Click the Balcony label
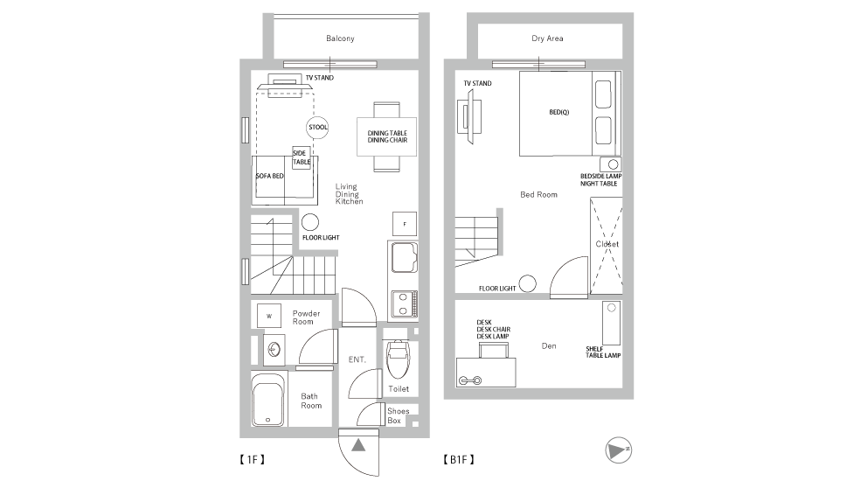[x=340, y=38]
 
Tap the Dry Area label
[x=547, y=38]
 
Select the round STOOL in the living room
[x=317, y=128]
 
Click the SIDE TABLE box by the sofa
[x=302, y=157]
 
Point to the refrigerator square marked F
[x=405, y=224]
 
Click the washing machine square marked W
[x=269, y=316]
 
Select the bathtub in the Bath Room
[x=268, y=400]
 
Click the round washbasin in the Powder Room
[x=274, y=350]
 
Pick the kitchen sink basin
[x=404, y=258]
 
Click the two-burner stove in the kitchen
[x=404, y=304]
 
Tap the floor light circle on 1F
[x=310, y=222]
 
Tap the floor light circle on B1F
[x=528, y=284]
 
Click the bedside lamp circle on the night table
[x=613, y=164]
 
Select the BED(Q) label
[x=559, y=112]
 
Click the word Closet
[x=607, y=244]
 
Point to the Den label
[x=549, y=345]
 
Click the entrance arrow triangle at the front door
[x=358, y=445]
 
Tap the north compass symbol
[x=618, y=450]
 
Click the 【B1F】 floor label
[x=459, y=459]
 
